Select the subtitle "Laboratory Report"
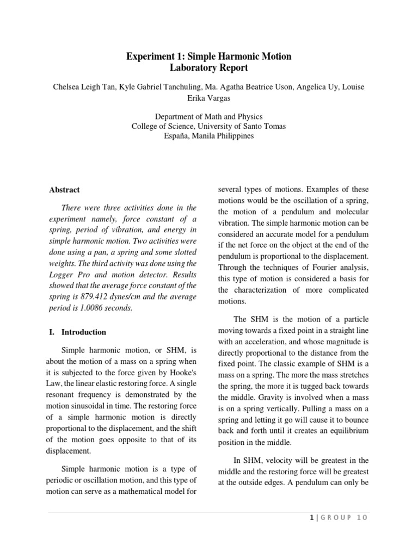click(x=209, y=68)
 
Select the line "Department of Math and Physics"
click(x=209, y=116)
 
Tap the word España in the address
click(x=177, y=135)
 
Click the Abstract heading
click(x=64, y=190)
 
